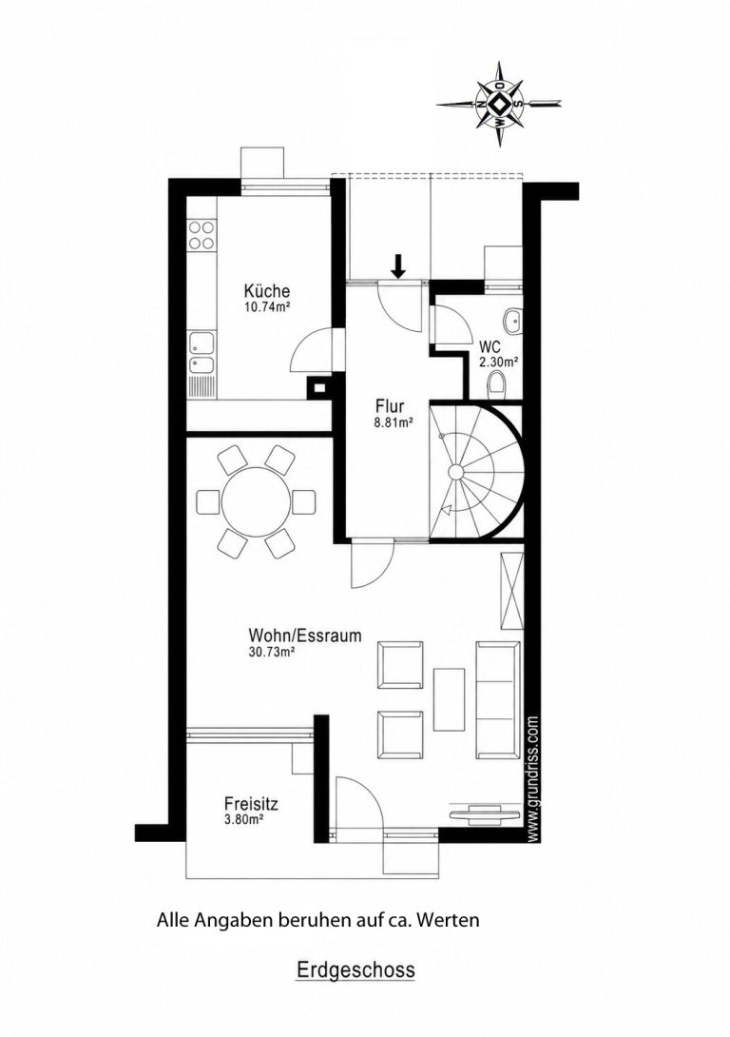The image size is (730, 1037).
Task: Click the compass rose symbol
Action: pyautogui.click(x=499, y=104)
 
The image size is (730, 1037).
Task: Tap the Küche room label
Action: pyautogui.click(x=267, y=291)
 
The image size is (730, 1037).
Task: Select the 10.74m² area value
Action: pyautogui.click(x=267, y=307)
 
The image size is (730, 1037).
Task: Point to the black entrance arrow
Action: pyautogui.click(x=397, y=265)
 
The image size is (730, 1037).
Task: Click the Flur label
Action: pyautogui.click(x=390, y=406)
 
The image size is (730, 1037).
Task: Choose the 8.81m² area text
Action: pyautogui.click(x=394, y=422)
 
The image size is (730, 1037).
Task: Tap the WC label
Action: pyautogui.click(x=490, y=347)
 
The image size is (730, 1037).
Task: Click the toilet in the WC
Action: pyautogui.click(x=500, y=385)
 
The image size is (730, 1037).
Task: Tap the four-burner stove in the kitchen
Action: pyautogui.click(x=202, y=235)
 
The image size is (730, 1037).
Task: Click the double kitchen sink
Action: pyautogui.click(x=202, y=355)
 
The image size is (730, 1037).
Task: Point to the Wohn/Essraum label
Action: pyautogui.click(x=304, y=636)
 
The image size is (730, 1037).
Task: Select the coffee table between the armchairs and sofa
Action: pyautogui.click(x=450, y=699)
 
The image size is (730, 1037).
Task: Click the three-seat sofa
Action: pyautogui.click(x=497, y=699)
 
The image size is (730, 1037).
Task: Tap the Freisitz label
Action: pyautogui.click(x=251, y=805)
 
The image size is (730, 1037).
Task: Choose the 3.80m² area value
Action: pyautogui.click(x=244, y=820)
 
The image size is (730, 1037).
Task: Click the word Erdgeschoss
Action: pyautogui.click(x=355, y=970)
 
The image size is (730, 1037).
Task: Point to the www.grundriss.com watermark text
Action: pyautogui.click(x=534, y=779)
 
